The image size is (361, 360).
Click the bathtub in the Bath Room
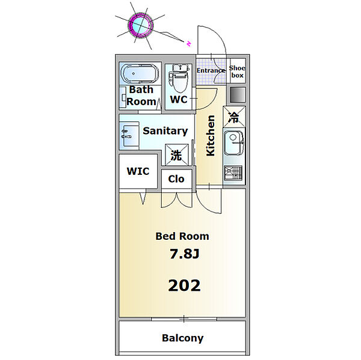coord(140,73)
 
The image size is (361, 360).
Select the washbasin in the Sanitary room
coord(129,135)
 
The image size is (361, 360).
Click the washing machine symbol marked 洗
coord(177,155)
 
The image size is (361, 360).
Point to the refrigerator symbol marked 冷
coord(235,117)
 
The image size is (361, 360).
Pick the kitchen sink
coord(234,142)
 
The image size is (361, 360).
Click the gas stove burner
coord(233,172)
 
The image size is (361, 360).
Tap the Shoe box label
coord(237,72)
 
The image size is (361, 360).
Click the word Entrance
coord(211,70)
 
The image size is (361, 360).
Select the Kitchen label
coord(211,136)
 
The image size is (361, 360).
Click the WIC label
coord(138,171)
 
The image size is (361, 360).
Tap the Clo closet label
coord(176,178)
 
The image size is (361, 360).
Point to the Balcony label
coord(182,338)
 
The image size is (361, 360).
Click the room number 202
coord(184,285)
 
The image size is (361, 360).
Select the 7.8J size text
coord(184,254)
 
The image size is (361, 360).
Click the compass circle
coord(141,25)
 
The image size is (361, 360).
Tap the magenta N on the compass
coord(189,43)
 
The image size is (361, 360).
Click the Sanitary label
coord(165,131)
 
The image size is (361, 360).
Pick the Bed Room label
coord(182,236)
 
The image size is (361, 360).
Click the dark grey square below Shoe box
coord(238,94)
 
